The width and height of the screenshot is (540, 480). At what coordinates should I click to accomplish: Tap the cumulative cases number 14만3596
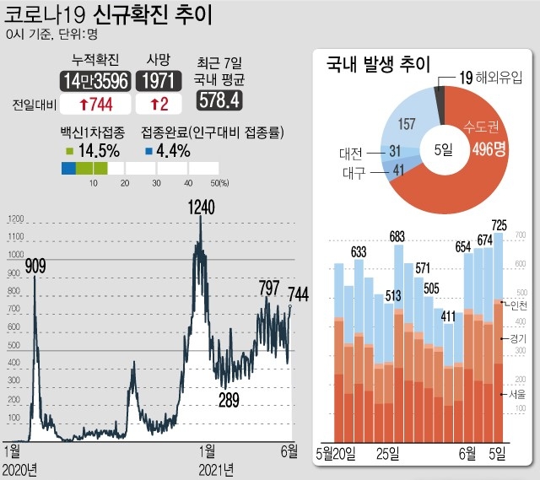click(x=94, y=81)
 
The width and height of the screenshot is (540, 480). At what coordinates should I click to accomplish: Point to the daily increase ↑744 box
click(x=94, y=105)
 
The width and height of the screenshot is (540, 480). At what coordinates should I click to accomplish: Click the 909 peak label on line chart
click(x=35, y=267)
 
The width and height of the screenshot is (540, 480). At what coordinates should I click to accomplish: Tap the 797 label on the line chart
click(x=269, y=288)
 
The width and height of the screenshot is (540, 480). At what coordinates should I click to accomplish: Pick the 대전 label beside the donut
click(x=350, y=154)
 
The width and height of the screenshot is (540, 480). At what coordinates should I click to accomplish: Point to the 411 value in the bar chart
click(x=448, y=317)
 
